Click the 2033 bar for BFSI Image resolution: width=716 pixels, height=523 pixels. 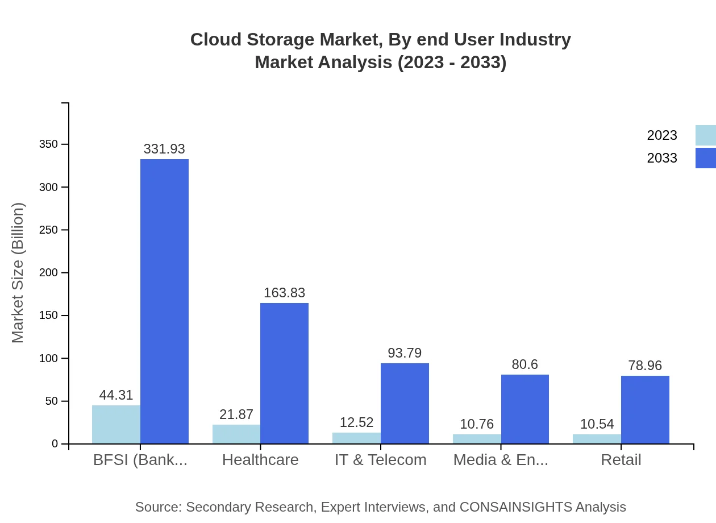pos(164,301)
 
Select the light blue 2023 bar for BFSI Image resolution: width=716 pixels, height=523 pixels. pos(116,425)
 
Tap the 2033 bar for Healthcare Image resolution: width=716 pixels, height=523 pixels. pos(284,373)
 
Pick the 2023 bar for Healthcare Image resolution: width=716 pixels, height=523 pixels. pos(236,434)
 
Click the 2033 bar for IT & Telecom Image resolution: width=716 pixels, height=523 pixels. pos(405,404)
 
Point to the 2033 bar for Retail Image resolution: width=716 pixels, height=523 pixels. pos(645,409)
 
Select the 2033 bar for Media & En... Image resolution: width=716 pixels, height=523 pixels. pos(525,409)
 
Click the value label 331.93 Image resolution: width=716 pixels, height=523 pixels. pos(164,149)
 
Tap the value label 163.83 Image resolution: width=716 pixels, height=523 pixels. pos(284,293)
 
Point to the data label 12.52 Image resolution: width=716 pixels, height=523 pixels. pos(356,422)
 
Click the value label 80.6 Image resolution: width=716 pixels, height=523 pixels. pos(524,364)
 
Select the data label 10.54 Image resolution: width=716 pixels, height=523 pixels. pos(597,424)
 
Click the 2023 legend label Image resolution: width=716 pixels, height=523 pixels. pos(662,135)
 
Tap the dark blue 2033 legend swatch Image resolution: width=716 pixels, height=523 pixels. pos(705,158)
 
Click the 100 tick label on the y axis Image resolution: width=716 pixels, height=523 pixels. pos(48,358)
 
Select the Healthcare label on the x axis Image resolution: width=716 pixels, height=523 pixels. pos(260,459)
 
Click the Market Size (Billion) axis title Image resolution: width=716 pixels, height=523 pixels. pos(18,273)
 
